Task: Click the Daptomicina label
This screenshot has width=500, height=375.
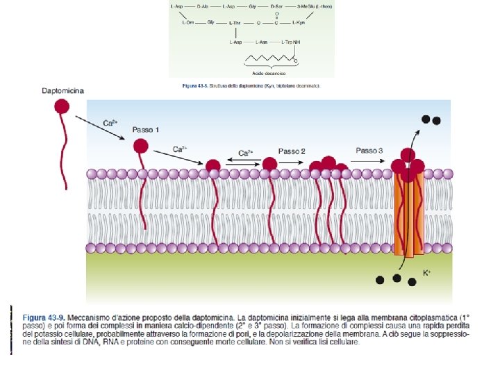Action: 62,91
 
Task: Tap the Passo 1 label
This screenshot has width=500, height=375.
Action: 146,130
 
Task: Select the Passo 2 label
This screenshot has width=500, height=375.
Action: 292,151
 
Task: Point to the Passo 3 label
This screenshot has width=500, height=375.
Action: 369,151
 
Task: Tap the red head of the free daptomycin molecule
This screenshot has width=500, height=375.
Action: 62,106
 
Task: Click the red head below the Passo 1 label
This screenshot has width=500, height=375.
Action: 141,146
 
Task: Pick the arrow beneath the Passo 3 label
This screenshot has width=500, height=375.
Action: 368,161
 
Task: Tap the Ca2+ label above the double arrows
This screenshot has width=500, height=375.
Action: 246,153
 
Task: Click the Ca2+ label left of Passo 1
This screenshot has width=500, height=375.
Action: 110,123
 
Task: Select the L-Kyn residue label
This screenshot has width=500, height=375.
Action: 299,22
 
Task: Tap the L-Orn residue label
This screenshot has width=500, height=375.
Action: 187,22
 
